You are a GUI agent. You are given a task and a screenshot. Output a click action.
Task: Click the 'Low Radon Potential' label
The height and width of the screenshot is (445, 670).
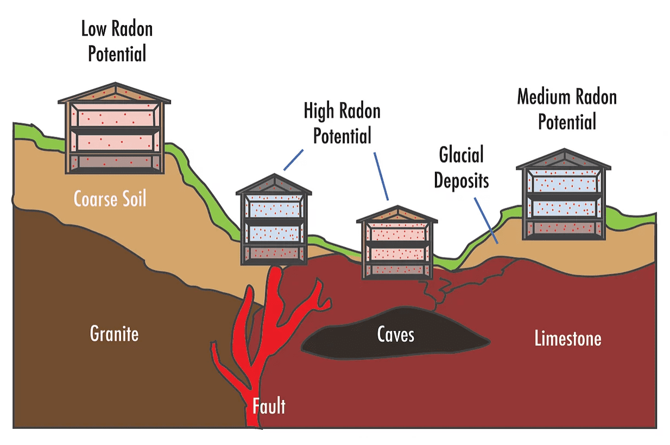tap(117, 41)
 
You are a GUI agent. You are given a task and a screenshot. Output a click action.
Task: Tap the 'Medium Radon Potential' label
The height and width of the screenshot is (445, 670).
tap(567, 109)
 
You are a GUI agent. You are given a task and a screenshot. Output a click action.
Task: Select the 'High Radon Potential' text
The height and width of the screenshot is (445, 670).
tap(342, 123)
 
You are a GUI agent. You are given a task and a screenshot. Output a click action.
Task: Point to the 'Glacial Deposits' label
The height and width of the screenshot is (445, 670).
tap(461, 168)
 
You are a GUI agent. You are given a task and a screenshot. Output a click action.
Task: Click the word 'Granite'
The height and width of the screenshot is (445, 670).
tap(114, 334)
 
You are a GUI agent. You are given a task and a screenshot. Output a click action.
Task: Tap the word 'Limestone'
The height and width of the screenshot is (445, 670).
tap(568, 338)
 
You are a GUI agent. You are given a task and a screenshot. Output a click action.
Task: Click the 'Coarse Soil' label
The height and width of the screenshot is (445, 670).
tap(110, 199)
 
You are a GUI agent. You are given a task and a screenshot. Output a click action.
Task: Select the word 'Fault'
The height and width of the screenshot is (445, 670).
tap(269, 406)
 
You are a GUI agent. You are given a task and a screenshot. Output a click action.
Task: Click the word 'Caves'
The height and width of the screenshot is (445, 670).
tap(396, 334)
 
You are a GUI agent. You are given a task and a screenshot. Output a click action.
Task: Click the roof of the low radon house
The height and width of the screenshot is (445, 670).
tap(115, 93)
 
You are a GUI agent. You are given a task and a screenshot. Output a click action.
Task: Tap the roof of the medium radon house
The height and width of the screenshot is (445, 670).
tap(564, 159)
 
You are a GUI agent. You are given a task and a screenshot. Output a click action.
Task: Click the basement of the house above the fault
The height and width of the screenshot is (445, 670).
tap(274, 253)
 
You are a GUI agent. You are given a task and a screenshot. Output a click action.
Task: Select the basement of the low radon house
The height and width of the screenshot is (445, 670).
tap(115, 162)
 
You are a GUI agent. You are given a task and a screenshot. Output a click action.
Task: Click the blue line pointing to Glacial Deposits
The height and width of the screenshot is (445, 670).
tap(486, 221)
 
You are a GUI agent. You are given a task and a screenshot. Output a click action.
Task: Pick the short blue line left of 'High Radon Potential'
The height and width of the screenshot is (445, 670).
tap(293, 160)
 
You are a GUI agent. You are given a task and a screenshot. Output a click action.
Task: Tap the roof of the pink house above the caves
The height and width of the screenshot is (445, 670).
tap(397, 214)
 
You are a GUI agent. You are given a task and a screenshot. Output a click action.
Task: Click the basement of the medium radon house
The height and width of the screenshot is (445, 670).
tap(564, 229)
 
